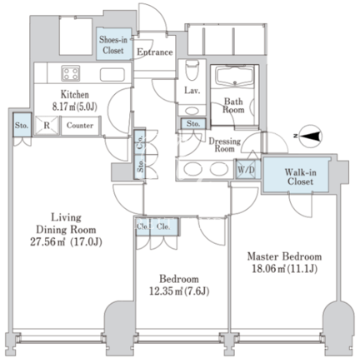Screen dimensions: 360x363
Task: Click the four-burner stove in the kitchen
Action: pyautogui.click(x=71, y=73)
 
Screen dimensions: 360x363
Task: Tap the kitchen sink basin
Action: pyautogui.click(x=112, y=74)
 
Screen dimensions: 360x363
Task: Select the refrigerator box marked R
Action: pyautogui.click(x=47, y=126)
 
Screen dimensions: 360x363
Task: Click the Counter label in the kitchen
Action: pyautogui.click(x=80, y=126)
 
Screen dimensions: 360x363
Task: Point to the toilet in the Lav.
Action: pyautogui.click(x=192, y=70)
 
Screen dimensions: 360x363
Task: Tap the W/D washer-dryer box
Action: pyautogui.click(x=246, y=170)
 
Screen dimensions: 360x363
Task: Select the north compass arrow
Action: pyautogui.click(x=311, y=136)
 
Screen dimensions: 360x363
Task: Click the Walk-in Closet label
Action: pyautogui.click(x=301, y=177)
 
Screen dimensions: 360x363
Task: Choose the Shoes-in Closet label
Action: pyautogui.click(x=113, y=45)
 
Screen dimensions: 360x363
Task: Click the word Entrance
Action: pyautogui.click(x=155, y=52)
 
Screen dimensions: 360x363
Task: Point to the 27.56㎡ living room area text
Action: pyautogui.click(x=66, y=242)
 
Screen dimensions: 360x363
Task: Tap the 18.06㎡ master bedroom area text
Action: pyautogui.click(x=285, y=269)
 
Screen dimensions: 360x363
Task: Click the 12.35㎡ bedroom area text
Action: pyautogui.click(x=179, y=291)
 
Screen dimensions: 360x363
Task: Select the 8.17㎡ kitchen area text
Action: pyautogui.click(x=75, y=107)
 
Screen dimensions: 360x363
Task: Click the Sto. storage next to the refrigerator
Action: pyautogui.click(x=22, y=125)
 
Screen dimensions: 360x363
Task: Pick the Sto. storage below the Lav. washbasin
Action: pyautogui.click(x=193, y=123)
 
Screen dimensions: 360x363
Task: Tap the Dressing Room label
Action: pyautogui.click(x=224, y=145)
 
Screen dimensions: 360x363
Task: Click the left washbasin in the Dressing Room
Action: pyautogui.click(x=193, y=168)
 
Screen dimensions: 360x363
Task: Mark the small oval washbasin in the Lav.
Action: pyautogui.click(x=192, y=111)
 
